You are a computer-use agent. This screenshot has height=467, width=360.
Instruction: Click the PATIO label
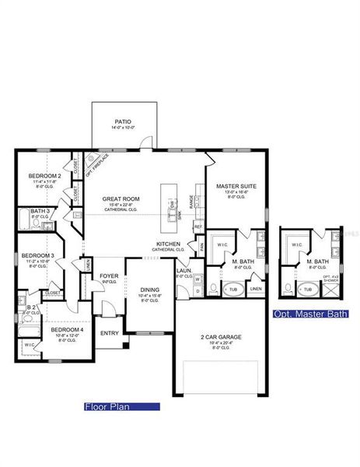[123, 122]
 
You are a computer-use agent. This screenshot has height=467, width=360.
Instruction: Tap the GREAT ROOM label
[120, 199]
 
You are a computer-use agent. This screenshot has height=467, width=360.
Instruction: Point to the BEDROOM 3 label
[37, 256]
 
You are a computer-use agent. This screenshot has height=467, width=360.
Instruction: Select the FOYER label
[109, 276]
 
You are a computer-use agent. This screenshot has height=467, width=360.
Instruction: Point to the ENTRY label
[110, 333]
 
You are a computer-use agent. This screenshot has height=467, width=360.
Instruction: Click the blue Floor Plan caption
[121, 406]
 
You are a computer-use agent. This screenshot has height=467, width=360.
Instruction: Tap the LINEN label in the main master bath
[256, 290]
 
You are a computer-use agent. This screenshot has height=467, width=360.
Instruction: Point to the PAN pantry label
[201, 246]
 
